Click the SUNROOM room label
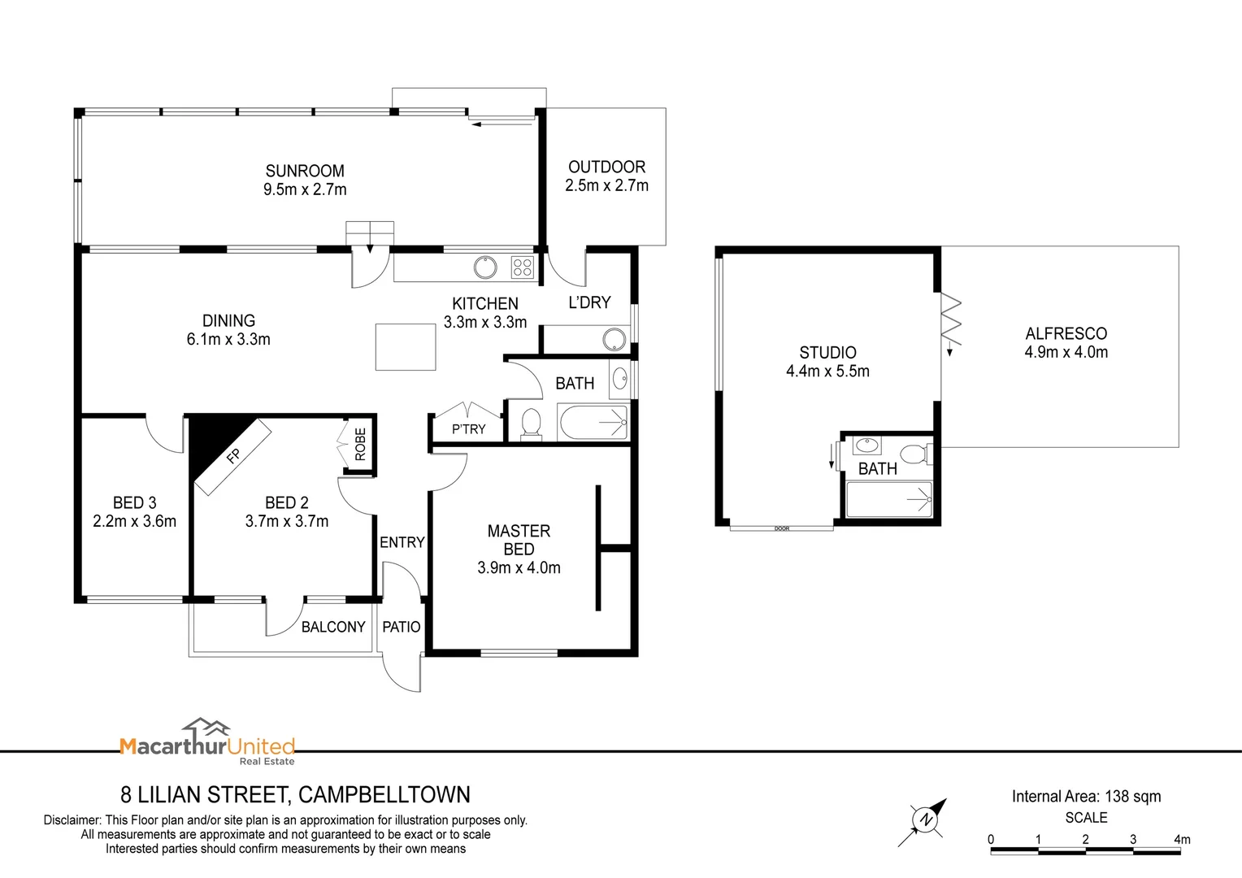(x=305, y=171)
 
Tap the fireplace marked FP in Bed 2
(x=232, y=457)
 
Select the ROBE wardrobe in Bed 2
(x=359, y=445)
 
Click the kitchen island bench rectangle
(x=406, y=347)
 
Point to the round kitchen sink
(x=485, y=267)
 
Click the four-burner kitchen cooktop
(x=522, y=267)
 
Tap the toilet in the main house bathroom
(x=531, y=424)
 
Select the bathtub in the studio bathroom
(x=888, y=499)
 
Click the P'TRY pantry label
(x=468, y=429)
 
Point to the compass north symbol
(x=924, y=819)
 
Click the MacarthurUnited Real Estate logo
(x=207, y=742)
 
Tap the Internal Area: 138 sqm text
(x=1086, y=797)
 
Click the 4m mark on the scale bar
(x=1181, y=840)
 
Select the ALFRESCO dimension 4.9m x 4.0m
(x=1066, y=352)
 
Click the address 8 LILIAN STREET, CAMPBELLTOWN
(x=295, y=794)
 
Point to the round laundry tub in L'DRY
(x=614, y=339)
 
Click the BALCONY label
(x=333, y=627)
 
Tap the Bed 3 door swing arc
(x=165, y=436)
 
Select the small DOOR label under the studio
(x=782, y=529)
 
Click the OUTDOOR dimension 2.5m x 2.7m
(x=606, y=185)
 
